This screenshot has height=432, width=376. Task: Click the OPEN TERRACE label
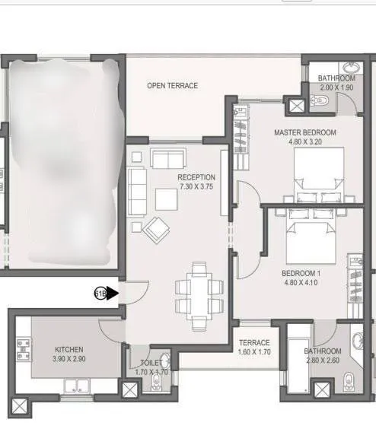pyautogui.click(x=172, y=86)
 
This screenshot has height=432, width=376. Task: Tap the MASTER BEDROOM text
pyautogui.click(x=304, y=132)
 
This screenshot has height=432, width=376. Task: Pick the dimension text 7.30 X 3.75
pyautogui.click(x=196, y=186)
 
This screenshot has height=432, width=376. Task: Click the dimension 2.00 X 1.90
pyautogui.click(x=336, y=87)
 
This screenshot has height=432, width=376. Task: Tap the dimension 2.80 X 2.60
pyautogui.click(x=323, y=360)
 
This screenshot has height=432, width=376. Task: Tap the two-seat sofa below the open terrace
pyautogui.click(x=168, y=158)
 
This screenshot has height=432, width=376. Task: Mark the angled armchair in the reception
pyautogui.click(x=157, y=228)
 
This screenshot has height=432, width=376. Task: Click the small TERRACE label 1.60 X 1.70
pyautogui.click(x=254, y=348)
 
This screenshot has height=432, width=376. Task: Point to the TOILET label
pyautogui.click(x=151, y=364)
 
